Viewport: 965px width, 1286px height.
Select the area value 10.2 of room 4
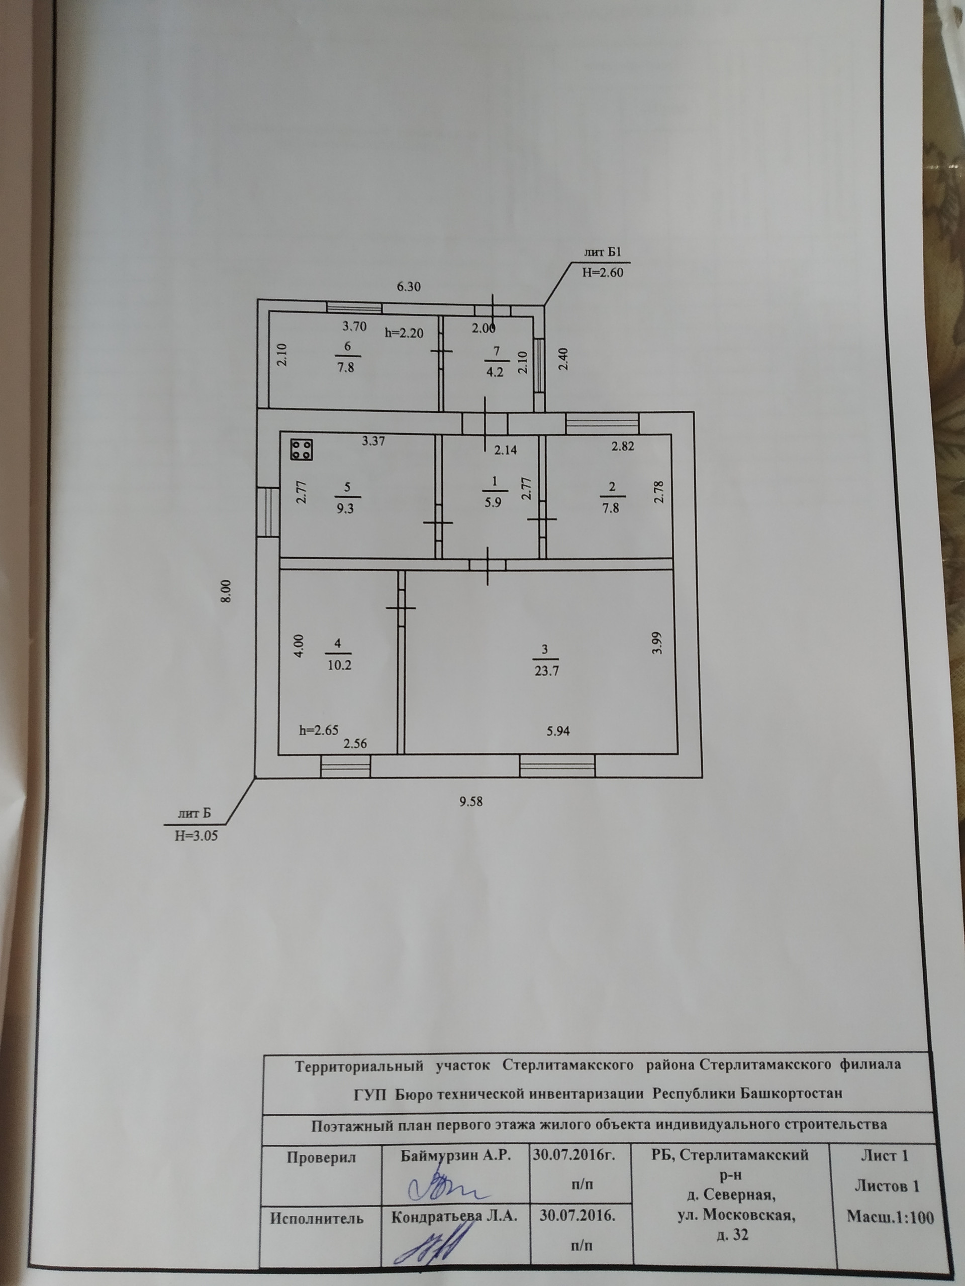pos(340,666)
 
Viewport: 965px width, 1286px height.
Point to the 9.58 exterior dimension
pos(471,802)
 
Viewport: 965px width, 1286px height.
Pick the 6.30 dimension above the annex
pos(408,287)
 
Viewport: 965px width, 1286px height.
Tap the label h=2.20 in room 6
pos(404,333)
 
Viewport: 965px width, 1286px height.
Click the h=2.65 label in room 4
pos(318,731)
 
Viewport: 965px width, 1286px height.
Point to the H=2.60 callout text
pos(602,272)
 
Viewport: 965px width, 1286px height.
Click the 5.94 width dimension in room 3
pos(558,731)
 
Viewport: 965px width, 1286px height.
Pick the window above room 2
pos(602,422)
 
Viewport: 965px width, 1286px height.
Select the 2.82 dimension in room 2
pos(622,447)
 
